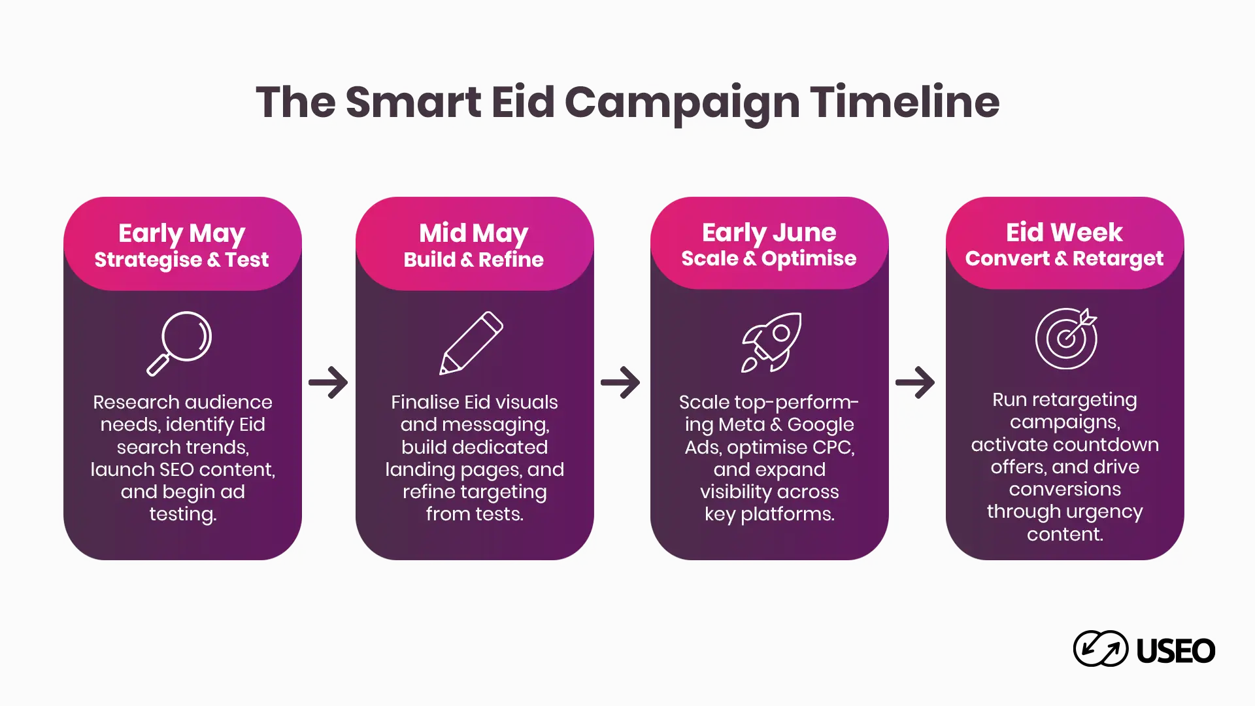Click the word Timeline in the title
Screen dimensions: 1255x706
905,102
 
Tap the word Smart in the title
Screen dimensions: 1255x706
414,102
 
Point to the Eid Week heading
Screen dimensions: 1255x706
1064,232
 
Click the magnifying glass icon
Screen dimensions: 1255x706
178,343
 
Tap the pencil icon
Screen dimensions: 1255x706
471,343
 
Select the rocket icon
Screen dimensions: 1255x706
771,343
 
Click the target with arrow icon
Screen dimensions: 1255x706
1066,338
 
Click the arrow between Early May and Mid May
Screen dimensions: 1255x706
328,382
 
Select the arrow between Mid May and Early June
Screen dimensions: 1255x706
620,382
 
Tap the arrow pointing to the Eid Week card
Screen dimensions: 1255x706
915,382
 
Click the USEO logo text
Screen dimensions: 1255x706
1175,650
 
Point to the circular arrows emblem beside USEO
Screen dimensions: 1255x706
1101,648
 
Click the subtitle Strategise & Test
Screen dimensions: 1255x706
182,260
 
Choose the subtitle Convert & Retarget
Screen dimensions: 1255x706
1064,259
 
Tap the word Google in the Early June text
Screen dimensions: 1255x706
820,426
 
